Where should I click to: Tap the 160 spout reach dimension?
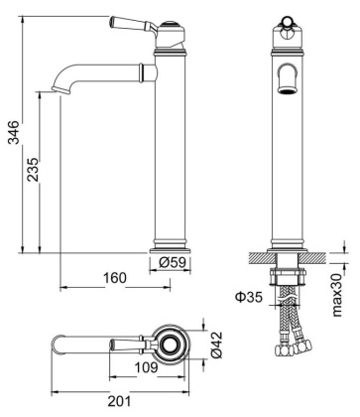(116, 278)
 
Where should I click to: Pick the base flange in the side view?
(172, 247)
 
